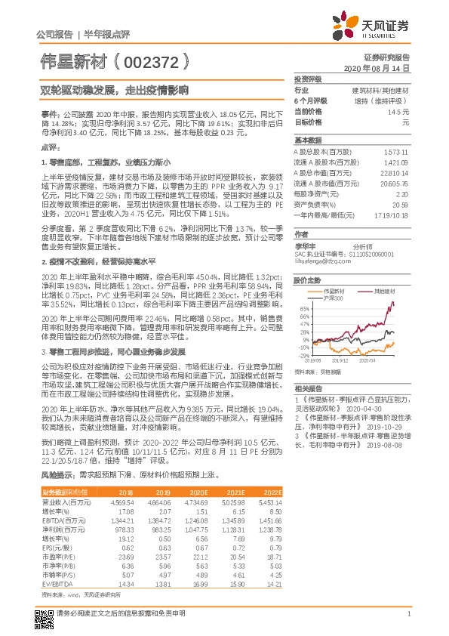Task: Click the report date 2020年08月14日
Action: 377,68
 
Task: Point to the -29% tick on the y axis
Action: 303,354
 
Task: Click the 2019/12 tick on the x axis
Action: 339,361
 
